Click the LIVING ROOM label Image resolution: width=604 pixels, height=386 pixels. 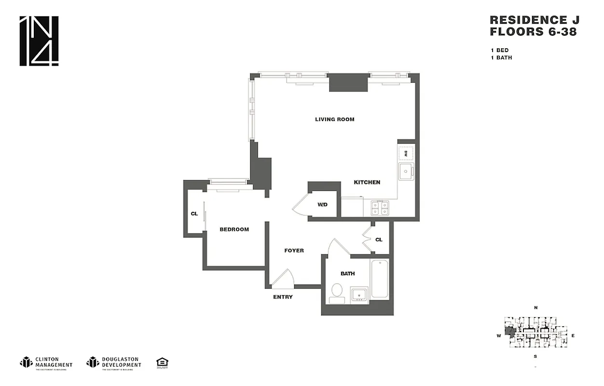334,119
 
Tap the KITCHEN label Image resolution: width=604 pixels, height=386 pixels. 367,182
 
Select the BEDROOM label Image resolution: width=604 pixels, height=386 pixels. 234,229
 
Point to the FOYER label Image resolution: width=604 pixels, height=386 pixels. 294,250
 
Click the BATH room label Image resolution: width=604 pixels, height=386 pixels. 347,274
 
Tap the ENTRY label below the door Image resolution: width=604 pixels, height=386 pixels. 283,297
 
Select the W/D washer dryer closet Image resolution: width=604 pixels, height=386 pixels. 322,205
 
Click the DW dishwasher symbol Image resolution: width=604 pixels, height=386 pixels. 406,153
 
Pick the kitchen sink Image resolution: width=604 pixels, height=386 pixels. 405,171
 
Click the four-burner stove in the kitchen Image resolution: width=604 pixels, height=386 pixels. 380,208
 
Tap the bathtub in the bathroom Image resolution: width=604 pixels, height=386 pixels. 380,279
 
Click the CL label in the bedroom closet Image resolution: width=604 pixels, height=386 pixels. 194,213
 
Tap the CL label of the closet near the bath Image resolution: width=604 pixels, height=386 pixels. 379,239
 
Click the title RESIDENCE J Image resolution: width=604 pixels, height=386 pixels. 534,20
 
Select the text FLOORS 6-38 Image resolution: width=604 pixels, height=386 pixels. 533,32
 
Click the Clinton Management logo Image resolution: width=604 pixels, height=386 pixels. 46,362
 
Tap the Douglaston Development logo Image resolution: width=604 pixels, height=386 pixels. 114,362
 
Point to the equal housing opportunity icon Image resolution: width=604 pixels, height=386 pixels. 162,362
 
